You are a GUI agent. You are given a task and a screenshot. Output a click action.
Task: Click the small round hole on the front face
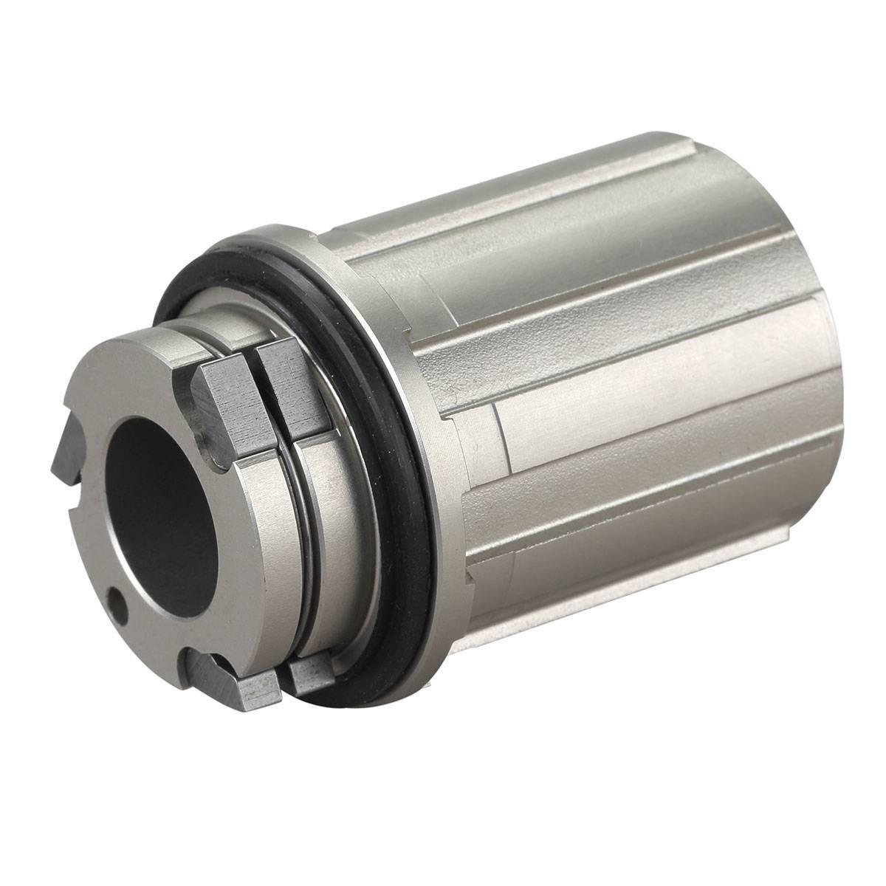coord(115,597)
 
